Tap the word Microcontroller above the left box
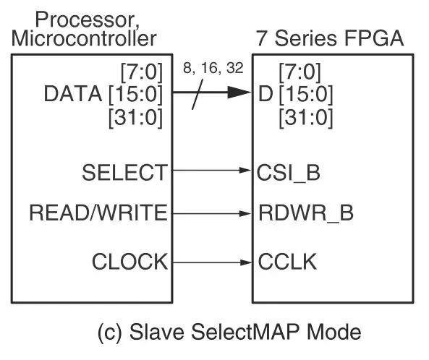click(x=84, y=38)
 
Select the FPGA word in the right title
click(x=374, y=38)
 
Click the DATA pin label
click(x=73, y=94)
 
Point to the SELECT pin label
click(x=124, y=173)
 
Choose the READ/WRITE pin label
click(x=98, y=213)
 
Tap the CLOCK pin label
click(x=130, y=262)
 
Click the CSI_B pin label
click(x=289, y=173)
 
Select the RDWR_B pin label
click(x=306, y=213)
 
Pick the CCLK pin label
click(x=287, y=262)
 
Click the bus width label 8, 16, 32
click(x=213, y=68)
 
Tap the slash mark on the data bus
click(x=197, y=94)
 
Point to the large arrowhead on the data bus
click(x=239, y=92)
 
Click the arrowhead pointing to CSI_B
click(x=245, y=171)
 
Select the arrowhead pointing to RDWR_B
click(x=245, y=213)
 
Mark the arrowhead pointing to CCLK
click(x=245, y=262)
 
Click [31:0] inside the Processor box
click(x=136, y=118)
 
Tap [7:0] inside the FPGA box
click(x=300, y=72)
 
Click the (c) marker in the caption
click(x=109, y=333)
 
